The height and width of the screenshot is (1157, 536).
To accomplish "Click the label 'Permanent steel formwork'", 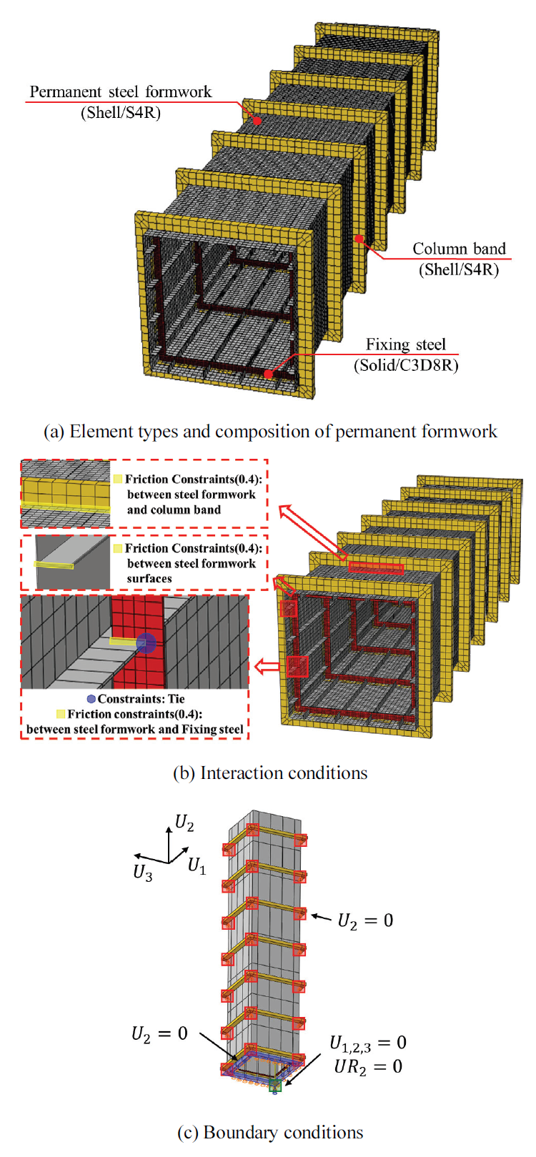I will click(x=120, y=92).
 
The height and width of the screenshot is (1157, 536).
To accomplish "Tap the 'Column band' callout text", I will click(x=459, y=249).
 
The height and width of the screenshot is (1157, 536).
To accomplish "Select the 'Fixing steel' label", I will click(x=405, y=344).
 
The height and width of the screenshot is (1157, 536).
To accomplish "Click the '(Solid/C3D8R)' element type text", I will click(x=406, y=365).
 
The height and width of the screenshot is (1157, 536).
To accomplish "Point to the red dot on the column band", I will click(x=359, y=239).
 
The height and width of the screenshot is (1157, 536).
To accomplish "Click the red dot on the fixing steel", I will click(x=268, y=374).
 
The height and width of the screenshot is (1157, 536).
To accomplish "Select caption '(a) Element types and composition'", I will click(x=270, y=432).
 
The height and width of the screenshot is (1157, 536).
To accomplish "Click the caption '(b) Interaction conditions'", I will click(x=270, y=773).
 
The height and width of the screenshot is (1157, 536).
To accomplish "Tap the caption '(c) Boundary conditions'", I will click(x=270, y=1133).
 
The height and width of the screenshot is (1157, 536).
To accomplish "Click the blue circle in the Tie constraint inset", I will click(x=146, y=642).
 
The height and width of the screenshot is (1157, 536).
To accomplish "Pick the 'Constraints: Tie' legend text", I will click(x=141, y=699).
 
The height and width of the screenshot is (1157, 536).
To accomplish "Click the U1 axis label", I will click(x=197, y=867).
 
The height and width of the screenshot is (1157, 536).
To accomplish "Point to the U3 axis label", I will click(x=143, y=873).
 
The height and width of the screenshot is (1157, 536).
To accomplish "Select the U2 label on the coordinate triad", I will click(x=184, y=824).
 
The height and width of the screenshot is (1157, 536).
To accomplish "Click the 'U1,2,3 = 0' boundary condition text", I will click(x=367, y=1043).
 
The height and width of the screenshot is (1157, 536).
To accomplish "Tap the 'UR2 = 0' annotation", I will click(x=367, y=1067).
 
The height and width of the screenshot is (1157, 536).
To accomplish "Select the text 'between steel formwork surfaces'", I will click(x=191, y=571).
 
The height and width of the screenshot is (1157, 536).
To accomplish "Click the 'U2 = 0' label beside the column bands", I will click(x=365, y=920).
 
